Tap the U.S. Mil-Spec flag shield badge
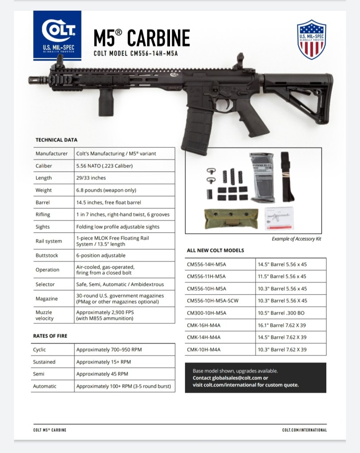(x=311, y=39)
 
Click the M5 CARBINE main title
(x=142, y=38)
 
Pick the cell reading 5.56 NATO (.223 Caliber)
(x=105, y=166)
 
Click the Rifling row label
(x=43, y=215)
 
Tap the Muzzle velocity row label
(x=44, y=315)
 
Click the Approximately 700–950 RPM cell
(x=109, y=349)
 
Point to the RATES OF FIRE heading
(x=50, y=336)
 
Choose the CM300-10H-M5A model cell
(x=207, y=313)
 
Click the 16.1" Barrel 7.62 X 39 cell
(x=282, y=325)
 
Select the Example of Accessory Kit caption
(x=296, y=239)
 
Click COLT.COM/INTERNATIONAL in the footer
(x=304, y=430)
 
